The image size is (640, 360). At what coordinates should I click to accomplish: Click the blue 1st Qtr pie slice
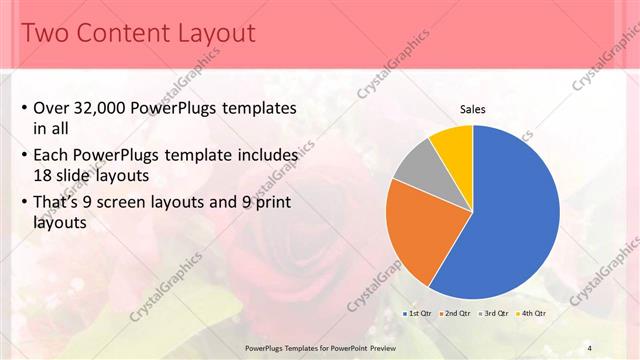(x=510, y=220)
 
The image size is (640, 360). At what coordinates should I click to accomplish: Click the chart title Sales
(x=473, y=109)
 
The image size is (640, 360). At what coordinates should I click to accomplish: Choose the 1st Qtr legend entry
(x=418, y=313)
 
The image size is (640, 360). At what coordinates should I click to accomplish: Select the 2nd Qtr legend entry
(x=457, y=313)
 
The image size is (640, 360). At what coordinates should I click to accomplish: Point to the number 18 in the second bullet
(x=43, y=175)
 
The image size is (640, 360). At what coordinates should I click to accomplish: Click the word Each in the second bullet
(x=52, y=156)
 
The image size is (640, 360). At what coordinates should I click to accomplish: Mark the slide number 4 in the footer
(x=589, y=347)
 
